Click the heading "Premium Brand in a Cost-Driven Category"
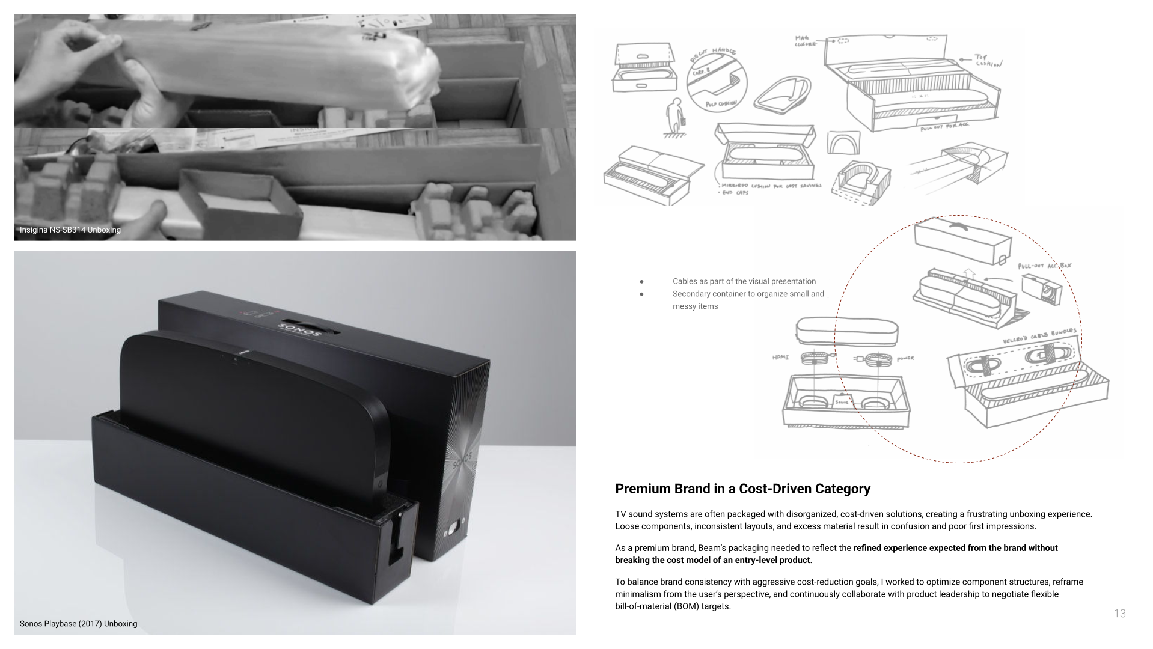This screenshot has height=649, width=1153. tap(742, 489)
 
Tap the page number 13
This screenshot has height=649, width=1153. tap(1119, 614)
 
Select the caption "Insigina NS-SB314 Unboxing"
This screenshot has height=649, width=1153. tap(70, 230)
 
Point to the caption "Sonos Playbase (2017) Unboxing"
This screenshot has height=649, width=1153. tap(78, 624)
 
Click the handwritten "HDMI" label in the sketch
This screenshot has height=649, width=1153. tap(780, 358)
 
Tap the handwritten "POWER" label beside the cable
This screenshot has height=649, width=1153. tap(905, 359)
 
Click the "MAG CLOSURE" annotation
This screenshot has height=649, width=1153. tap(806, 41)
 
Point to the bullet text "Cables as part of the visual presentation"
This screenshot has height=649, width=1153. tap(744, 281)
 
